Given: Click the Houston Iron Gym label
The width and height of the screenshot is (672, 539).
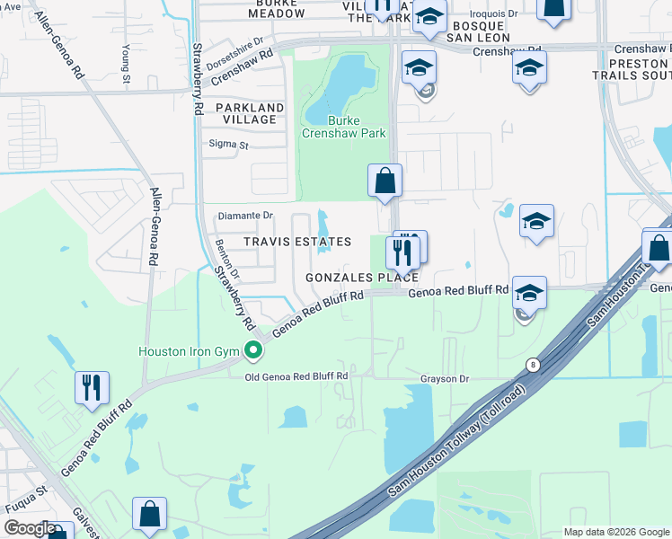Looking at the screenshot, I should (x=190, y=350).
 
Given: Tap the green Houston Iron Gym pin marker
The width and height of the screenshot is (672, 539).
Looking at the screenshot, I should (x=254, y=350).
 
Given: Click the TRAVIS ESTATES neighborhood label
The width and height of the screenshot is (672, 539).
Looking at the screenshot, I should (x=297, y=243).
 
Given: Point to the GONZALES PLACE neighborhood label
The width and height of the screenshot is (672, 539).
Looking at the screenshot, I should (x=362, y=278).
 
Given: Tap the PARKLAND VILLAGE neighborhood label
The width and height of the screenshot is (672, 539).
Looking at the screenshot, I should (x=250, y=113).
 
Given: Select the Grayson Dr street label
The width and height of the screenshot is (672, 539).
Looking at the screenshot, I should (x=446, y=379).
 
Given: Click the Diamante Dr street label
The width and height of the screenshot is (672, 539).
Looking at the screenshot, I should (x=245, y=216).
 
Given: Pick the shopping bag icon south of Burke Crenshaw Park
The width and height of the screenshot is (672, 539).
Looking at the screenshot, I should (x=385, y=181).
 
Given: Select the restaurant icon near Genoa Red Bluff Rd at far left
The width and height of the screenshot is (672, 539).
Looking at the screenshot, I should (x=92, y=388).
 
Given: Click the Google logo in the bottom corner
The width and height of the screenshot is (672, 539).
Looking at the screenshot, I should (x=30, y=528).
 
